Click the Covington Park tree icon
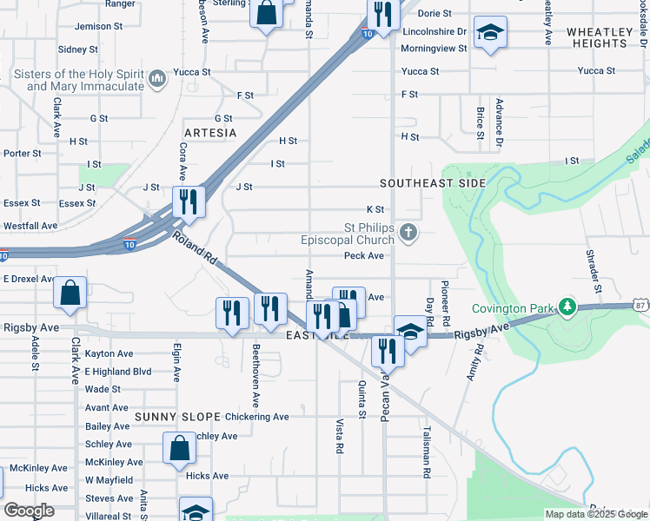[x=567, y=307]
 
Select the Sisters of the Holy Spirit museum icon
[x=157, y=81]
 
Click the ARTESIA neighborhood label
[x=210, y=133]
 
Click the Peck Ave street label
[x=363, y=256]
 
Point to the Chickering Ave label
[x=256, y=417]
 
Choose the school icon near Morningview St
[x=491, y=33]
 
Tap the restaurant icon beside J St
[x=189, y=201]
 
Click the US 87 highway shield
[x=641, y=305]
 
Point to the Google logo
[x=28, y=511]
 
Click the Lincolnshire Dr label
[x=434, y=31]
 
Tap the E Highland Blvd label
[x=118, y=372]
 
